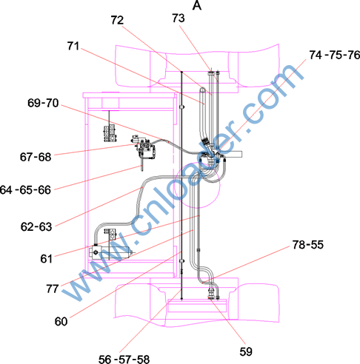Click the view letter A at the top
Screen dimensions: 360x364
(x=197, y=5)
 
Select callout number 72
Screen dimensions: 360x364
(x=117, y=20)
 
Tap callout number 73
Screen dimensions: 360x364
(x=179, y=18)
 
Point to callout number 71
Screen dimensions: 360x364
(x=73, y=46)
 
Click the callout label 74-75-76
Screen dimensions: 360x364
(x=335, y=55)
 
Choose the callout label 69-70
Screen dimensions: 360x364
(x=43, y=103)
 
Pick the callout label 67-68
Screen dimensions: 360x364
(x=36, y=157)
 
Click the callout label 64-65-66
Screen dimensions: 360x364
(x=25, y=190)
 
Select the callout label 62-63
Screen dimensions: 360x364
(x=36, y=226)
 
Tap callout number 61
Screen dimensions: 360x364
(x=46, y=259)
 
